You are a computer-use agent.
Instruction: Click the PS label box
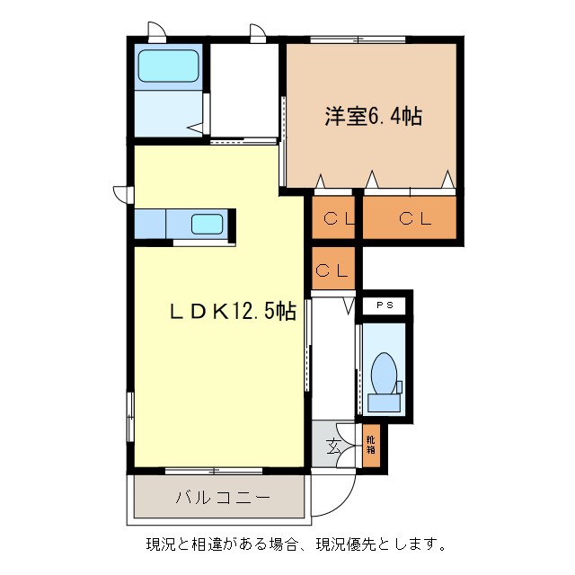click(x=385, y=305)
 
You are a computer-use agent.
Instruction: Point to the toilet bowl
click(x=384, y=372)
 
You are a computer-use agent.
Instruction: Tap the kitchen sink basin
click(x=208, y=224)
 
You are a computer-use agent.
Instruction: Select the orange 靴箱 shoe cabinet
click(x=370, y=447)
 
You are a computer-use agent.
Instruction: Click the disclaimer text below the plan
click(x=296, y=544)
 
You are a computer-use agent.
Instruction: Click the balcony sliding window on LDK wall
click(x=214, y=470)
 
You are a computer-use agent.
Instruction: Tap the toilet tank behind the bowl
click(x=384, y=402)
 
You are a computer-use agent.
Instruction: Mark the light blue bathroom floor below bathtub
click(x=167, y=113)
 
